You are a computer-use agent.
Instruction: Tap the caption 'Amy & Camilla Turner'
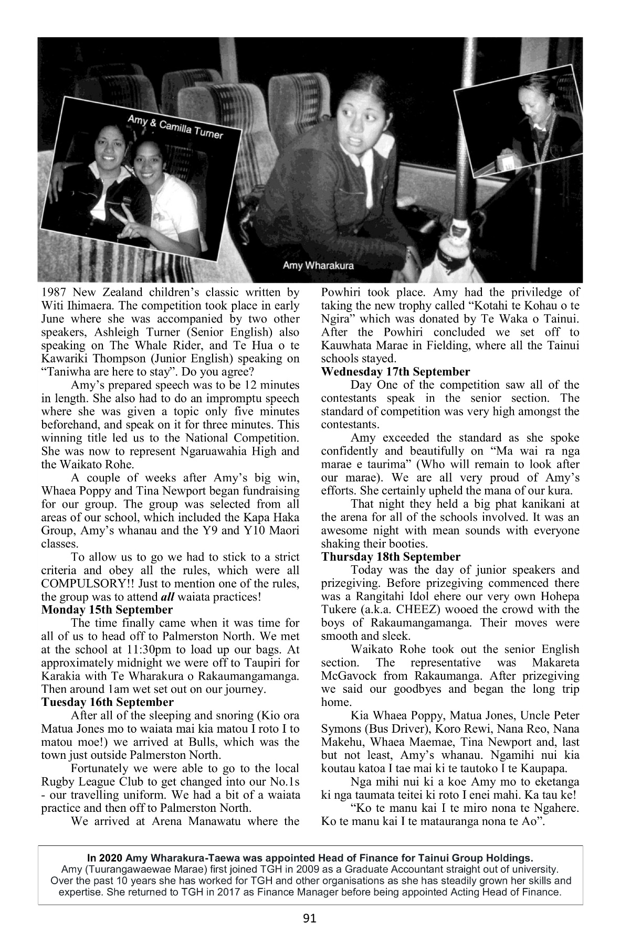(175, 127)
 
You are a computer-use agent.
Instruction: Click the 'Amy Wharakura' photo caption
(318, 265)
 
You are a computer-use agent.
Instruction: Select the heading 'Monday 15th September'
(107, 610)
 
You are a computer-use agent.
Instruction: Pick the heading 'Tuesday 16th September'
(107, 702)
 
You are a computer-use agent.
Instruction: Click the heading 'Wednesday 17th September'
(395, 372)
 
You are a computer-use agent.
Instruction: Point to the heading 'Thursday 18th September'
(391, 557)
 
